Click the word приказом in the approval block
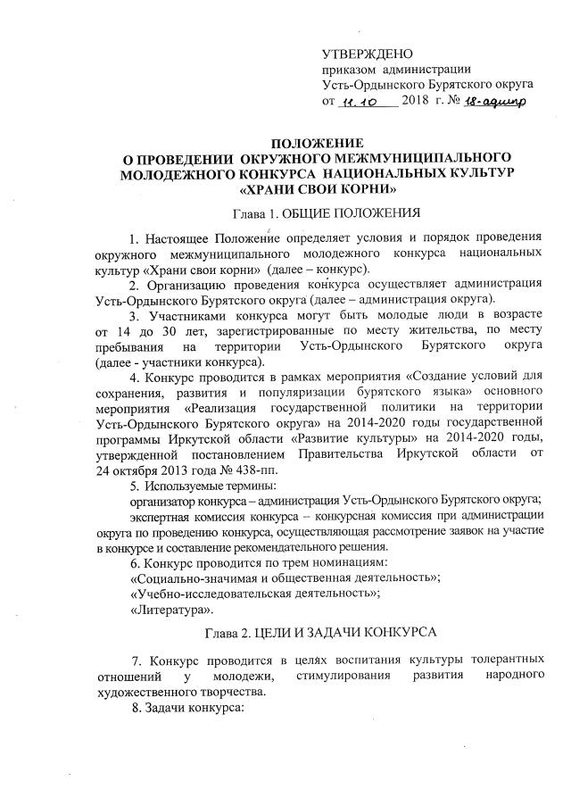(x=350, y=71)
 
